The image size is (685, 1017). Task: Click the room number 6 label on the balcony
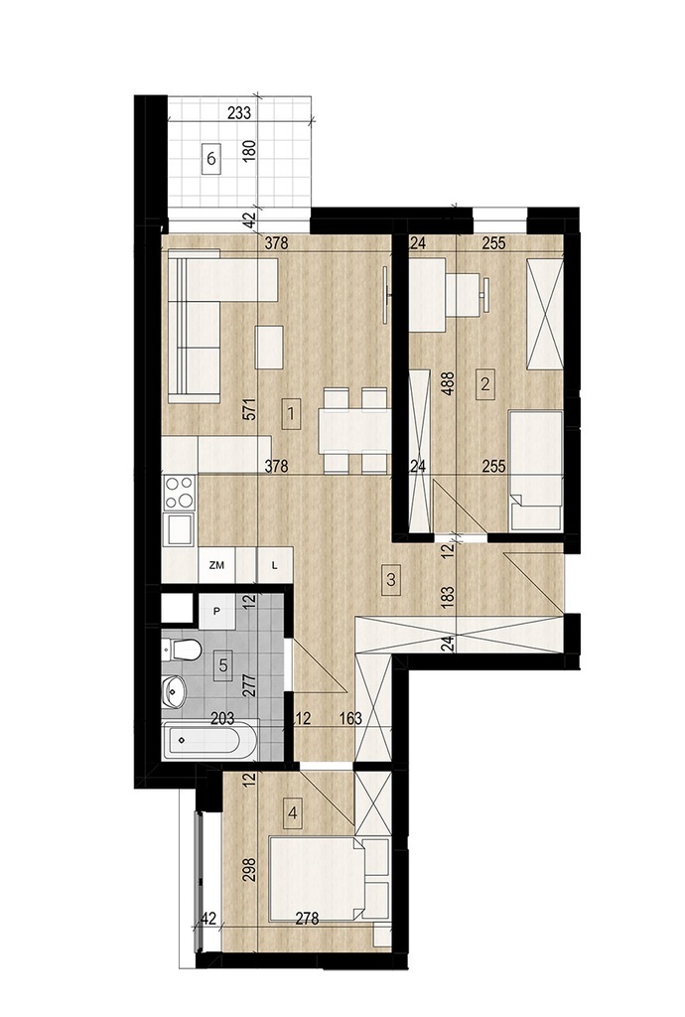(211, 157)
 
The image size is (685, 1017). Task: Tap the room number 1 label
(292, 413)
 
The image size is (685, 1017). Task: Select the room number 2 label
(485, 382)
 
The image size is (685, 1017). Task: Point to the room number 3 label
(390, 579)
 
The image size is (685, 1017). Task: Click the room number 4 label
(294, 812)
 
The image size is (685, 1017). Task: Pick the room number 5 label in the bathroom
(223, 664)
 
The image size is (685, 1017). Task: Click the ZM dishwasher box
(216, 565)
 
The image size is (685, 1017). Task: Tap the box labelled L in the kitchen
(275, 565)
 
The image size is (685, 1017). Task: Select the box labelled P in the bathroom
(216, 612)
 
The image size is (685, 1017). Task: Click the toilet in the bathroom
(181, 649)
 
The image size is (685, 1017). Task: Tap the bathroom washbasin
(174, 691)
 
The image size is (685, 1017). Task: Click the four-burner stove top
(179, 493)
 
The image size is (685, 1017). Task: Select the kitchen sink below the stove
(179, 528)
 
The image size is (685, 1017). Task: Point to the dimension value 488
(448, 382)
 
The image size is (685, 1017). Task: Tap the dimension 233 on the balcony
(239, 113)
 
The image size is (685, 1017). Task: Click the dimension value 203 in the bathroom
(221, 718)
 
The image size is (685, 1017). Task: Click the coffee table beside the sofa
(269, 348)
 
